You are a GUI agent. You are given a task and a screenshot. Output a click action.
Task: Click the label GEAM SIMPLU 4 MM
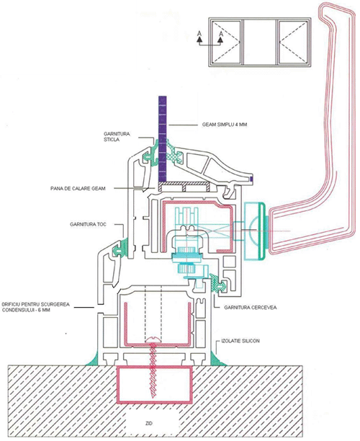225,125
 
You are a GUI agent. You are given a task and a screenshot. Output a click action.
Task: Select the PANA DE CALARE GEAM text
78,188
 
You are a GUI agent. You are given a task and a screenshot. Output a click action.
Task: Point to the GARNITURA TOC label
89,224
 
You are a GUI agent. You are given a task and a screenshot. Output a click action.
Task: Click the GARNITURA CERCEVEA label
250,308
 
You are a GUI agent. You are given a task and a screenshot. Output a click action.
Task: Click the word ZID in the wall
150,423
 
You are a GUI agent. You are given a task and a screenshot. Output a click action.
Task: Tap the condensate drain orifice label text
36,307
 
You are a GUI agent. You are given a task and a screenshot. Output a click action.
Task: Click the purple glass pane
163,138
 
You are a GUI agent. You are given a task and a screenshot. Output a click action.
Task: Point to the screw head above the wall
153,339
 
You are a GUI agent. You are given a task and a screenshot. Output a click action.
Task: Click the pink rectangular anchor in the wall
155,384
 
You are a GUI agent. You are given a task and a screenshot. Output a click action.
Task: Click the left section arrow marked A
199,37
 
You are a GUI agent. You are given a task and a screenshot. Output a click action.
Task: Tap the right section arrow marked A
220,37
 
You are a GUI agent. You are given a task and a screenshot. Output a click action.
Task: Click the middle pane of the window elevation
260,42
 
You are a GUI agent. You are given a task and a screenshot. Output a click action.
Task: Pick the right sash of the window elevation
293,42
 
